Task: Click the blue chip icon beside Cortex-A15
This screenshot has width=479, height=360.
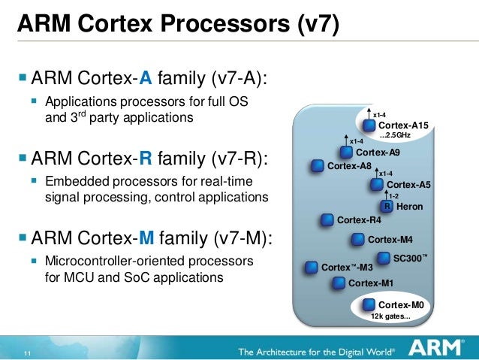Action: coord(369,126)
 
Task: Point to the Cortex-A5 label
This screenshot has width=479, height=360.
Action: coord(408,185)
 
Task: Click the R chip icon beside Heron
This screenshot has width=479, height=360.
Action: coord(387,206)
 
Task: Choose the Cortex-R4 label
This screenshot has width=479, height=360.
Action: coord(360,220)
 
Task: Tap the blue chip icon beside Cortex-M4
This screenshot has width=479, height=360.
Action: coord(358,240)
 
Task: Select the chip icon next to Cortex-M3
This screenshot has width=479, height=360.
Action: coord(311,267)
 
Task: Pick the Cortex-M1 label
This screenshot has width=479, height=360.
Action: coord(371,283)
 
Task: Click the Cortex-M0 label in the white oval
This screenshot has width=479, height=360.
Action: coord(401,304)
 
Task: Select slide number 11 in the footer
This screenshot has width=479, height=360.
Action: coord(27,355)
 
